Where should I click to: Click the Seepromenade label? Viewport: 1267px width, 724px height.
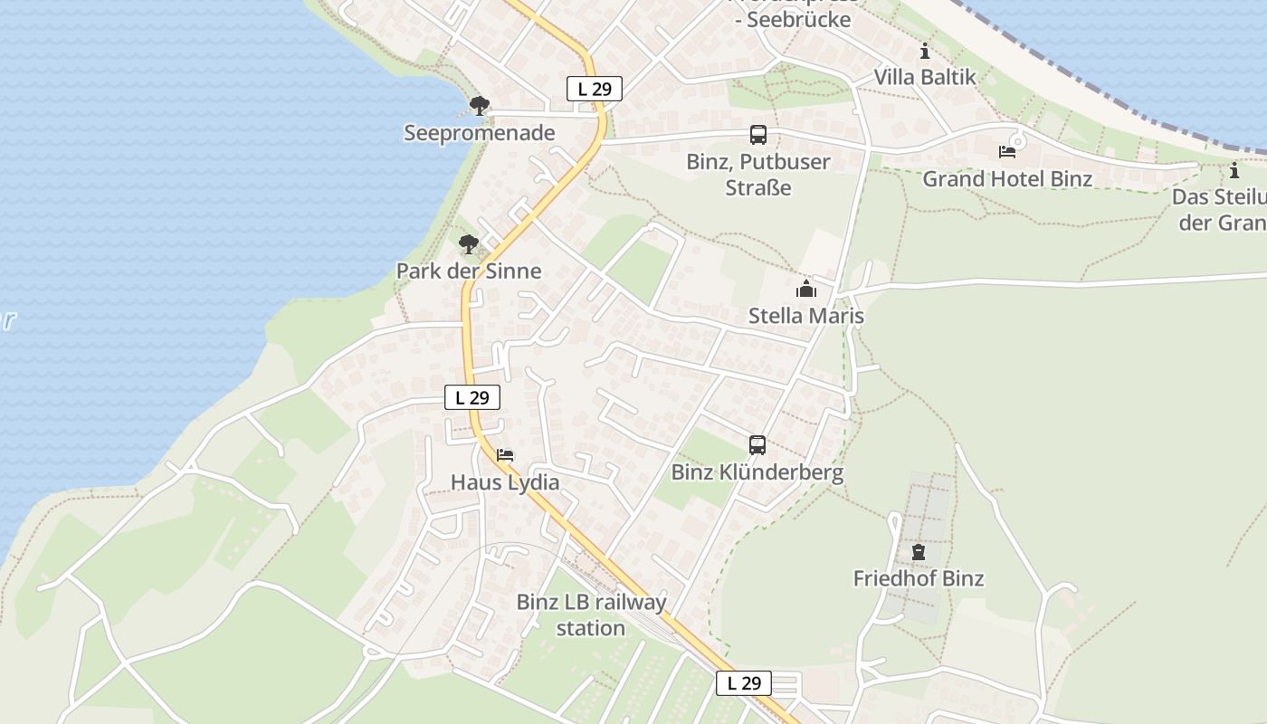point(479,133)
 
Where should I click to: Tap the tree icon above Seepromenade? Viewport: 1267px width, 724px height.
point(480,106)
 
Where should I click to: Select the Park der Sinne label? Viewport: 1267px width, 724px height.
point(469,271)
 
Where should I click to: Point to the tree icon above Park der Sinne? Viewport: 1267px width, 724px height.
point(468,243)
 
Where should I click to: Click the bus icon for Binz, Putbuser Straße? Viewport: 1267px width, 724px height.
point(758,135)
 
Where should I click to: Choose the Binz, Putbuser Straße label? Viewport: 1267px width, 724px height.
point(758,176)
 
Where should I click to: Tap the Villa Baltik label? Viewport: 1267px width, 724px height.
point(925,77)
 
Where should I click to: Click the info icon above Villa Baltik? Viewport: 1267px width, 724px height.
point(924,51)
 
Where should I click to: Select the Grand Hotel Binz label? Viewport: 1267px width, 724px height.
point(1007,178)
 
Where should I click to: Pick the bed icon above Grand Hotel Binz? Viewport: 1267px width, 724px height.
point(1007,151)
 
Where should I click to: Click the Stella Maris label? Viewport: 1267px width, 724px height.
point(806,316)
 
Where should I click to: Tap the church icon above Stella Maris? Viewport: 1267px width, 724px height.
point(805,289)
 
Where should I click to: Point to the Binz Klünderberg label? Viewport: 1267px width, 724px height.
point(757,472)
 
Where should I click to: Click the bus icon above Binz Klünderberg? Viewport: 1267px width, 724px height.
point(757,445)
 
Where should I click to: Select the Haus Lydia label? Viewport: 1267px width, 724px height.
point(505,482)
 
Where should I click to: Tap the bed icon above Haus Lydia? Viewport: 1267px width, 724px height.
point(505,454)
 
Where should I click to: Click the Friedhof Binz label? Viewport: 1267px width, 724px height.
point(919,578)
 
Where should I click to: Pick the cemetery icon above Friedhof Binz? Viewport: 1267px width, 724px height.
point(919,551)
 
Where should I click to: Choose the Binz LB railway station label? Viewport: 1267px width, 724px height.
point(591,614)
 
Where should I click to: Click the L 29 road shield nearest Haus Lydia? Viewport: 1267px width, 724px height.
point(472,396)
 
